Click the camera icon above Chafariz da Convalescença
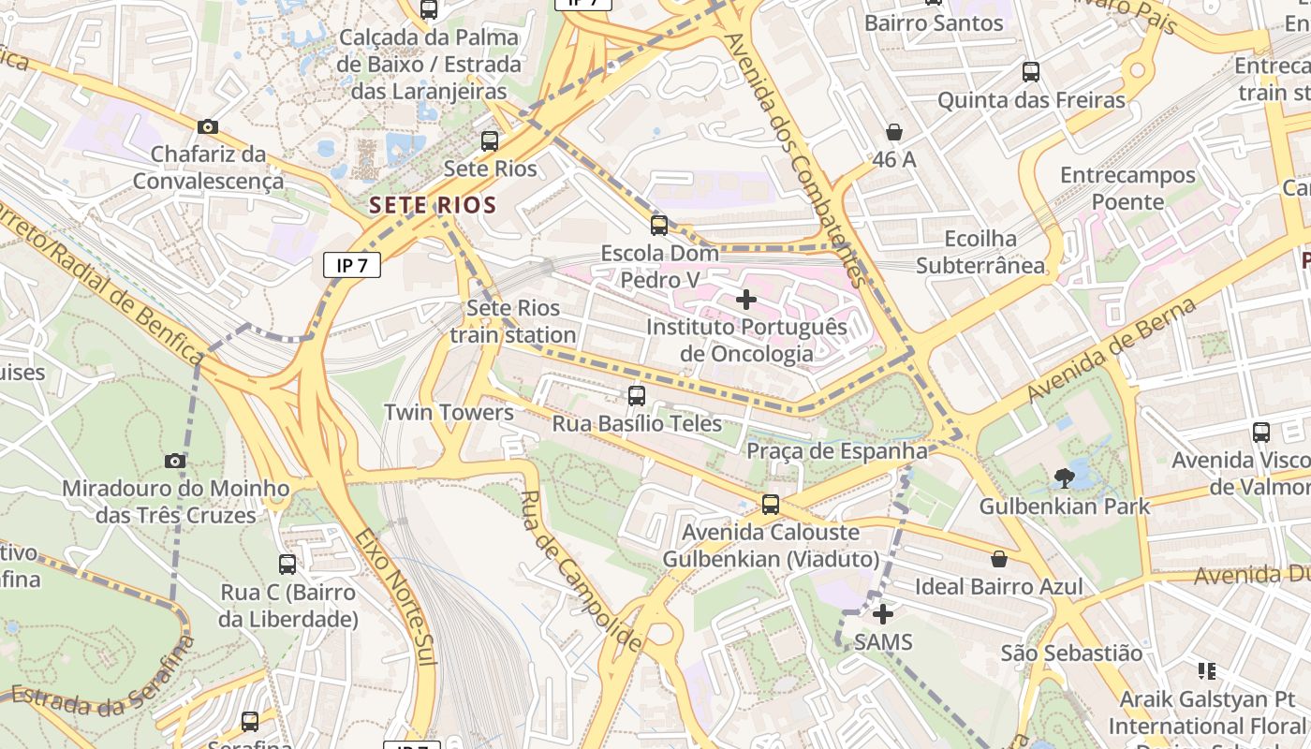[x=208, y=126]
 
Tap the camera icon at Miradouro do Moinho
[x=174, y=461]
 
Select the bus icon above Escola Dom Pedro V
[x=659, y=225]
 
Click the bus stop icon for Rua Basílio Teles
[x=637, y=396]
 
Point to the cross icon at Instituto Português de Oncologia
[x=746, y=300]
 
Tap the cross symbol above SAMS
[x=882, y=614]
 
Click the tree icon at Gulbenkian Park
[x=1064, y=478]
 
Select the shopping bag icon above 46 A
[x=894, y=132]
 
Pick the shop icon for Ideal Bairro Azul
[x=999, y=559]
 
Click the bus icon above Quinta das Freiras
[x=1031, y=72]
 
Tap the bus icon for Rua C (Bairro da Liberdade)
[x=287, y=565]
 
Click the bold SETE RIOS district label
[x=433, y=205]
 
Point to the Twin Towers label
[x=449, y=413]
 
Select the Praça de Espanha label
[x=836, y=451]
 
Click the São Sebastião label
[x=1071, y=653]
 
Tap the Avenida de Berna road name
[x=1112, y=350]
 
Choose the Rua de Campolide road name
[x=581, y=571]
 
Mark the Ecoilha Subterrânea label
[x=980, y=252]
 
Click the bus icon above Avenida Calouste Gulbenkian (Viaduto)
[x=771, y=505]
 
